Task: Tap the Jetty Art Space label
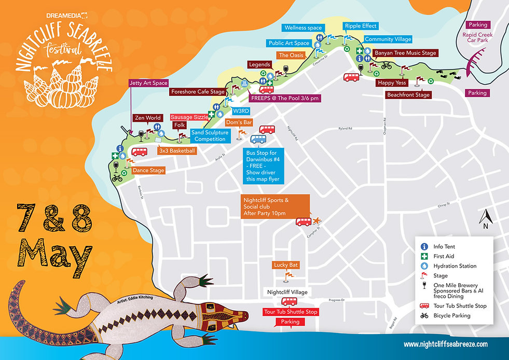149,83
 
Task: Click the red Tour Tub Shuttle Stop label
291,312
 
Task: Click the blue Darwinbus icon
258,139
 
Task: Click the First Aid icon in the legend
424,256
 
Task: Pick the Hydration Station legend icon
424,266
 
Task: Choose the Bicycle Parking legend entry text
452,315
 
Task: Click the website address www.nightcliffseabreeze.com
446,344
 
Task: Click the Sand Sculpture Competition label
209,136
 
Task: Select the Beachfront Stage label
408,95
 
